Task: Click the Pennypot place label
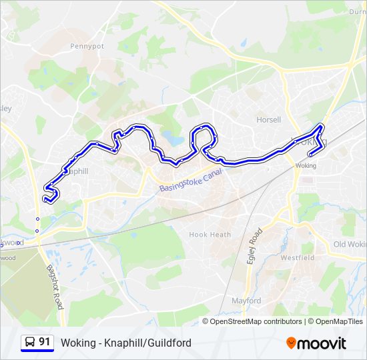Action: point(87,47)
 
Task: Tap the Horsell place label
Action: point(269,120)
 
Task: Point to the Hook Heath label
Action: point(210,235)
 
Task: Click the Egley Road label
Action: point(254,246)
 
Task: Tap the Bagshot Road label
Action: point(55,287)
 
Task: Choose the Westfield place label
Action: point(297,257)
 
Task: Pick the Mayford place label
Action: point(246,301)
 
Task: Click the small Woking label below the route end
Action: point(306,165)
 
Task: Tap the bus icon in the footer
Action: point(29,343)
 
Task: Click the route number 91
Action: point(45,342)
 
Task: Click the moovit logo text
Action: point(322,343)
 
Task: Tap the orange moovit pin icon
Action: point(292,343)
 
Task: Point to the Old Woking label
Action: point(350,245)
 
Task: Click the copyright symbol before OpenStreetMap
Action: point(206,321)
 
